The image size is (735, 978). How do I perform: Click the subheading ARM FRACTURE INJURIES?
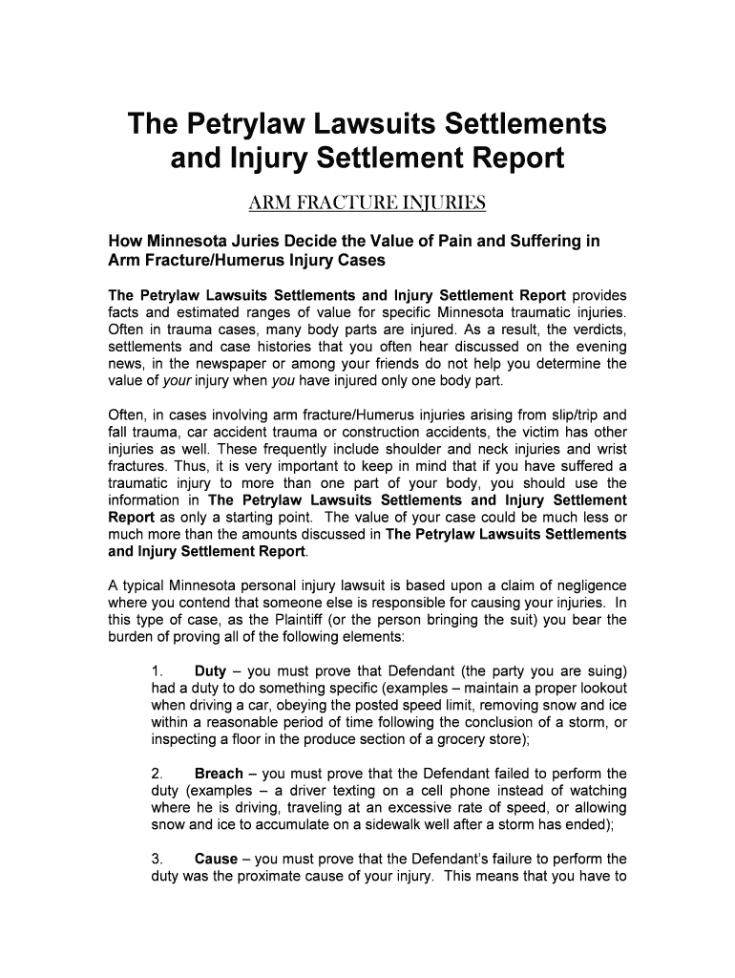pyautogui.click(x=367, y=203)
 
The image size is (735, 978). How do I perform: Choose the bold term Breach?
pyautogui.click(x=219, y=774)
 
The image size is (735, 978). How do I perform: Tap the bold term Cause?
pyautogui.click(x=216, y=859)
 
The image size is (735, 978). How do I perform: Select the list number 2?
pyautogui.click(x=157, y=774)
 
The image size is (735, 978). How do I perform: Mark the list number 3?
pyautogui.click(x=157, y=859)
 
